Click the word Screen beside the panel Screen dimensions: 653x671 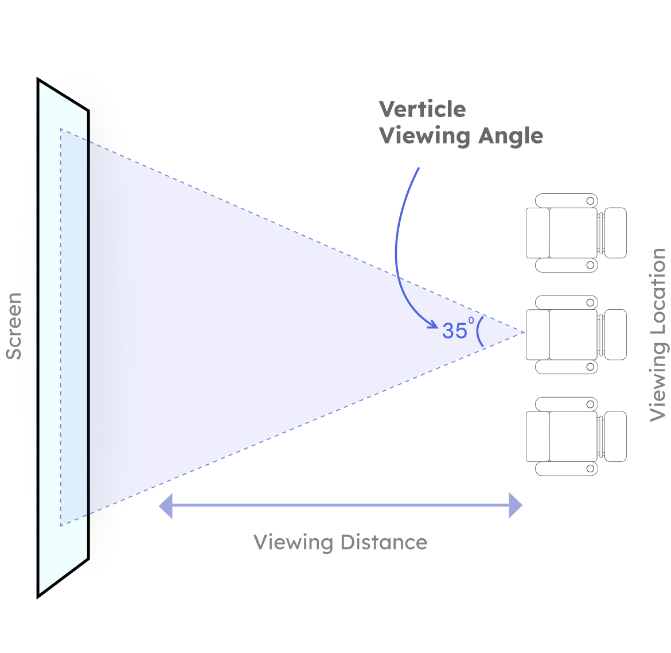(x=14, y=326)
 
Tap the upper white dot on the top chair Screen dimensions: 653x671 (x=591, y=201)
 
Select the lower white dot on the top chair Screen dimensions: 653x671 (x=591, y=265)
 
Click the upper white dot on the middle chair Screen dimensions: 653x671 (x=591, y=302)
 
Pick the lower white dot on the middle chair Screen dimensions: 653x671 (x=591, y=366)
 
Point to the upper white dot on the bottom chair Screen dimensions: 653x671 (x=591, y=405)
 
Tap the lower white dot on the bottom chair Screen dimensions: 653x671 (x=591, y=469)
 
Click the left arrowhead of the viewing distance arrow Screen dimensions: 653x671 (x=165, y=506)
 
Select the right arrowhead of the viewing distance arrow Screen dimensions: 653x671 (x=515, y=506)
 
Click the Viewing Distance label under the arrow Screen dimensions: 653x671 (x=340, y=542)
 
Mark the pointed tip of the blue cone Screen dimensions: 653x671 (x=522, y=332)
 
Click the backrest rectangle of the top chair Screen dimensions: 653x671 (x=617, y=234)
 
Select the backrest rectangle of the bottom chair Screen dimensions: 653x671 (x=617, y=436)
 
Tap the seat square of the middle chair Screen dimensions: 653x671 (x=574, y=335)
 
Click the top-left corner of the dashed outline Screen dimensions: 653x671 (x=61, y=129)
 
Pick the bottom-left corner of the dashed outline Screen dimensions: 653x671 (x=61, y=524)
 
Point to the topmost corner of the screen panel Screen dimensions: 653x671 (x=40, y=83)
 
